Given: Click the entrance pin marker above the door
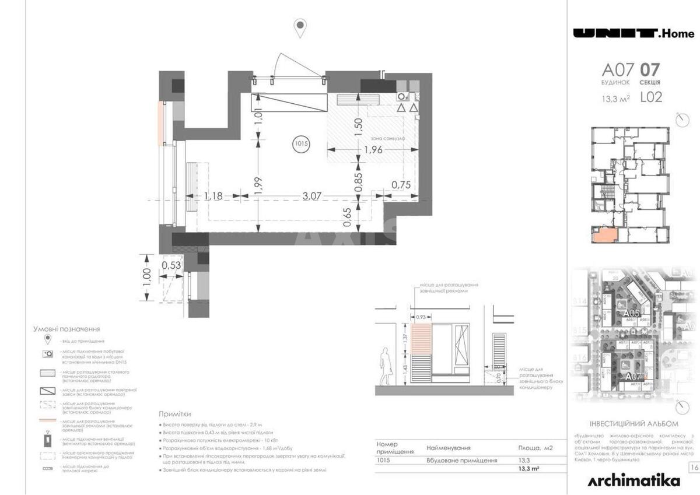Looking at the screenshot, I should click(x=300, y=27).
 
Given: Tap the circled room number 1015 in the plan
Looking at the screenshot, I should click(x=300, y=143).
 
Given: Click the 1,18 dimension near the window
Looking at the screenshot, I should click(x=213, y=196).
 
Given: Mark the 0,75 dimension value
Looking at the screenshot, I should click(x=401, y=184).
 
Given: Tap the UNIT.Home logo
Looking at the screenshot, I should click(x=633, y=33).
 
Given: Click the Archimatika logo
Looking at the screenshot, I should click(x=634, y=480).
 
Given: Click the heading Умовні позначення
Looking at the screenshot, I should click(x=66, y=329).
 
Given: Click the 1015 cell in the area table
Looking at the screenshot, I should click(x=384, y=460).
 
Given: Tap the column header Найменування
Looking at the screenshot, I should click(x=449, y=448).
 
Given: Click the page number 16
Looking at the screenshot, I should click(x=694, y=467).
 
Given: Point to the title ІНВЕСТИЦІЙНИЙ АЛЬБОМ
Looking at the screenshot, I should click(x=634, y=424).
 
